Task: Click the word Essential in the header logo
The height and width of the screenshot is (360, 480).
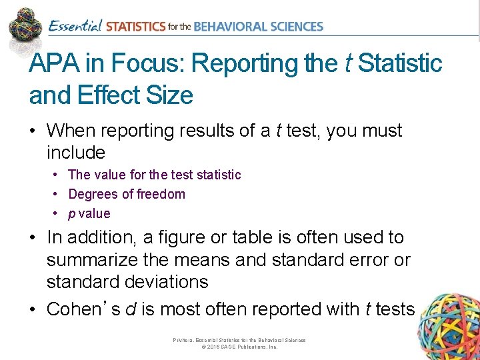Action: [75, 27]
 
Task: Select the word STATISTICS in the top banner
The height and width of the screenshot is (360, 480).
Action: [135, 27]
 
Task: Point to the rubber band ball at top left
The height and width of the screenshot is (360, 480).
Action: [25, 25]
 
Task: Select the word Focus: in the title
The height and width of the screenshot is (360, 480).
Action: [148, 64]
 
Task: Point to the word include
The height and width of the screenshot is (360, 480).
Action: [76, 153]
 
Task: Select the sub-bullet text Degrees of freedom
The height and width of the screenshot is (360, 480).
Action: [127, 194]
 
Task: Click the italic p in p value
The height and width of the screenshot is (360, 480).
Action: [72, 214]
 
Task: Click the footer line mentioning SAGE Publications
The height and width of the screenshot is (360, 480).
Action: [239, 347]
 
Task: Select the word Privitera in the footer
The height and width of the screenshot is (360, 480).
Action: [183, 340]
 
